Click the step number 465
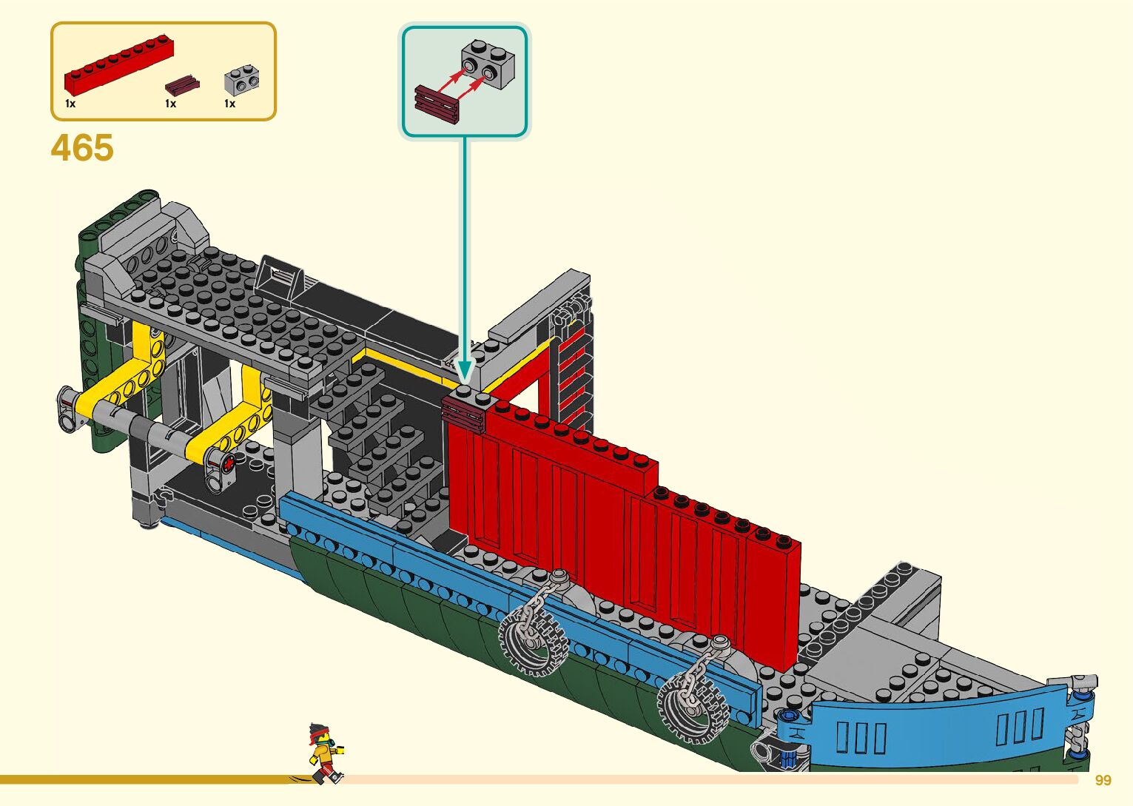click(82, 148)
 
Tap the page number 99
click(1103, 781)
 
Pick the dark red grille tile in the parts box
click(182, 83)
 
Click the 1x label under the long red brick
click(70, 104)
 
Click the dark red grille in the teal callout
click(437, 104)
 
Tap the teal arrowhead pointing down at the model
click(465, 370)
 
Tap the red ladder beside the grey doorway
click(573, 377)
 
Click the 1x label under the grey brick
click(229, 104)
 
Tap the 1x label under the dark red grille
click(170, 104)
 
